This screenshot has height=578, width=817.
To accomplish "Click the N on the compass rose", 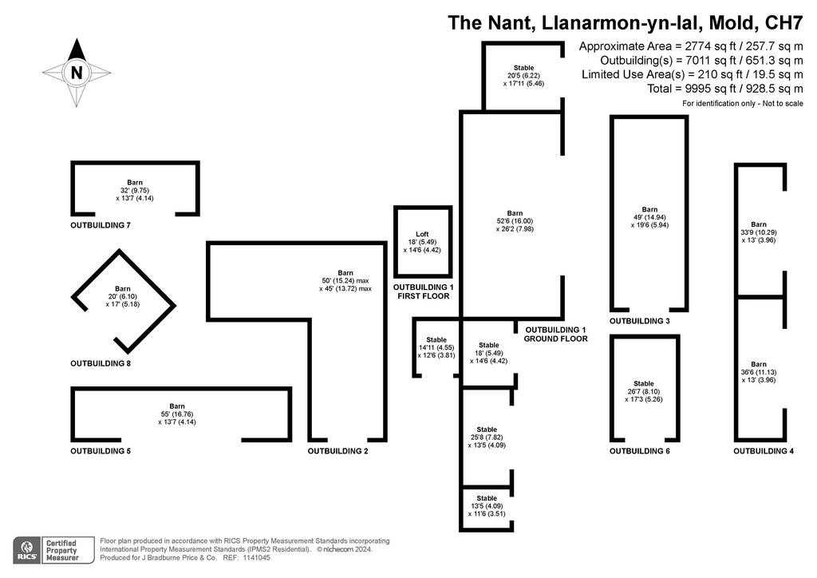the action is pyautogui.click(x=77, y=73).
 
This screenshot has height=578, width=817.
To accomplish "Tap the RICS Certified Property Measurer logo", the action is pyautogui.click(x=53, y=550).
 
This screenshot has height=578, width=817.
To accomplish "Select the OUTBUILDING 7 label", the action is pyautogui.click(x=101, y=226).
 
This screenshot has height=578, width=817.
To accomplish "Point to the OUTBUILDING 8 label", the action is pyautogui.click(x=101, y=364).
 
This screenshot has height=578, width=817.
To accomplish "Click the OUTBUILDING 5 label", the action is pyautogui.click(x=101, y=451).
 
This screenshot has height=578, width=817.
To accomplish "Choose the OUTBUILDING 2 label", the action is pyautogui.click(x=337, y=451).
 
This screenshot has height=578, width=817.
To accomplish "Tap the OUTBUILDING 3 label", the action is pyautogui.click(x=640, y=321).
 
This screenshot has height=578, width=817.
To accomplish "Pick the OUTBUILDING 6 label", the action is pyautogui.click(x=640, y=451).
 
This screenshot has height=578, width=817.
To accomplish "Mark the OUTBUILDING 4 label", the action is pyautogui.click(x=764, y=451).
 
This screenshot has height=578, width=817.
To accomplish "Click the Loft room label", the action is pyautogui.click(x=422, y=235).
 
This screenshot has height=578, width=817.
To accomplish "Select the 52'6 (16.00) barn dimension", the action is pyautogui.click(x=515, y=221).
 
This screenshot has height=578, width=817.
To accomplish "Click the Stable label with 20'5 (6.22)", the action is pyautogui.click(x=523, y=68).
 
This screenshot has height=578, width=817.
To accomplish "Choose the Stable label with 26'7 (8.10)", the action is pyautogui.click(x=644, y=383).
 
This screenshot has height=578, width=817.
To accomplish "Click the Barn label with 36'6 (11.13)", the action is pyautogui.click(x=759, y=364).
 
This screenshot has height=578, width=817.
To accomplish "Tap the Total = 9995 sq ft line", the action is pyautogui.click(x=724, y=89).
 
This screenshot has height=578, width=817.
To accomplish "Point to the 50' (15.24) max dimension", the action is pyautogui.click(x=345, y=281).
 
